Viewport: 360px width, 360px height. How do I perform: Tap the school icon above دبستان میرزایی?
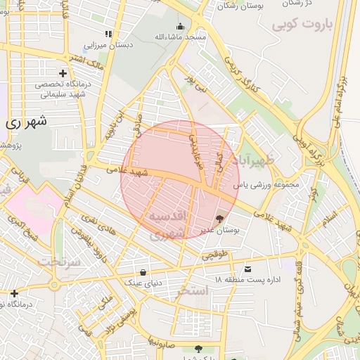pyautogui.click(x=108, y=34)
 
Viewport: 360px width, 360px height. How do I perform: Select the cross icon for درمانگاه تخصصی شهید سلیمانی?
pyautogui.click(x=63, y=73)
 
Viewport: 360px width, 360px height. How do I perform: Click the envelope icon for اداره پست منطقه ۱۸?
pyautogui.click(x=247, y=269)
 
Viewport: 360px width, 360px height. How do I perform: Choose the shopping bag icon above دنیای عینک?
pyautogui.click(x=143, y=272)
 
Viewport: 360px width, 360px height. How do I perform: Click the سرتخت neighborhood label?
pyautogui.click(x=60, y=261)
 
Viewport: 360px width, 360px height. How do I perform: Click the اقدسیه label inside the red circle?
pyautogui.click(x=167, y=216)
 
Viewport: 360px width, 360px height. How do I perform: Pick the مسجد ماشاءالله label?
pyautogui.click(x=180, y=37)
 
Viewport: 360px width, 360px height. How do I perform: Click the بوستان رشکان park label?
pyautogui.click(x=237, y=6)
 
